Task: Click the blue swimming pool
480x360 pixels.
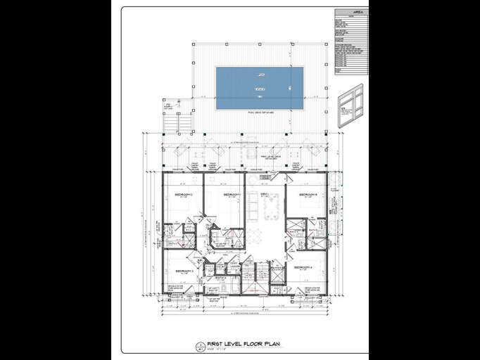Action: pos(260,88)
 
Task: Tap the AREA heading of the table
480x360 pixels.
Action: pos(351,13)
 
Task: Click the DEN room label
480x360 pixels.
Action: pos(265,193)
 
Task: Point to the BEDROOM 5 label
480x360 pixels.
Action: pos(308,194)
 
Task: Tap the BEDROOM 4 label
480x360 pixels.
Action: pos(303,268)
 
